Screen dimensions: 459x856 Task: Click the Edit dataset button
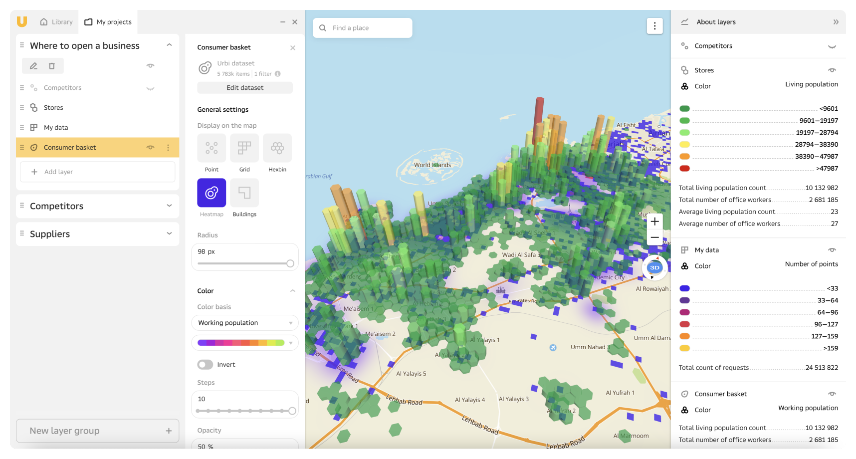[x=245, y=88]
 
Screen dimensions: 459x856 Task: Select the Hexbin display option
[x=277, y=148]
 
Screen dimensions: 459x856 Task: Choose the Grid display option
[x=244, y=148]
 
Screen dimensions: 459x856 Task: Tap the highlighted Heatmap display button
[x=212, y=193]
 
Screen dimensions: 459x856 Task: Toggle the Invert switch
[x=205, y=365]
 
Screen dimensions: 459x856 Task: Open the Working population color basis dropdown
[x=245, y=323]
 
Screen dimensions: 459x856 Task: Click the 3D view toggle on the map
[x=654, y=268]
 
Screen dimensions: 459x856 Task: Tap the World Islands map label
[x=432, y=165]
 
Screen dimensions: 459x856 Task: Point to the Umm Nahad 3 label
[x=590, y=347]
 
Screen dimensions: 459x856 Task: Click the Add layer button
[x=98, y=172]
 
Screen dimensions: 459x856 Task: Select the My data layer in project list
[x=56, y=128]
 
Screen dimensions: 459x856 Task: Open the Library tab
[x=56, y=22]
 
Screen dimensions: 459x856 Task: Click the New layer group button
[x=98, y=431]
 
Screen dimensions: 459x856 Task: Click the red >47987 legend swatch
[x=684, y=169]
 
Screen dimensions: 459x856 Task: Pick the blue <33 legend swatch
[x=684, y=288]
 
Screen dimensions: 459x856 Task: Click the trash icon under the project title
[x=52, y=66]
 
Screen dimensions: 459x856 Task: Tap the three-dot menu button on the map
[x=654, y=26]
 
